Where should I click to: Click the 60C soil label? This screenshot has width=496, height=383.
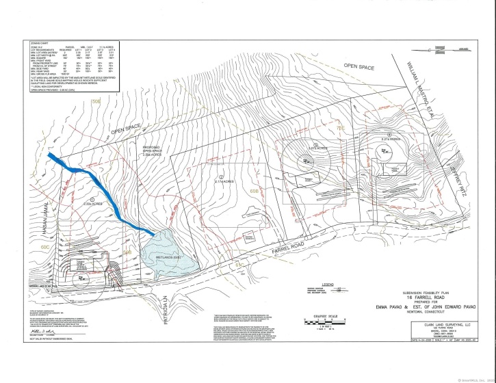click(x=46, y=245)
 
